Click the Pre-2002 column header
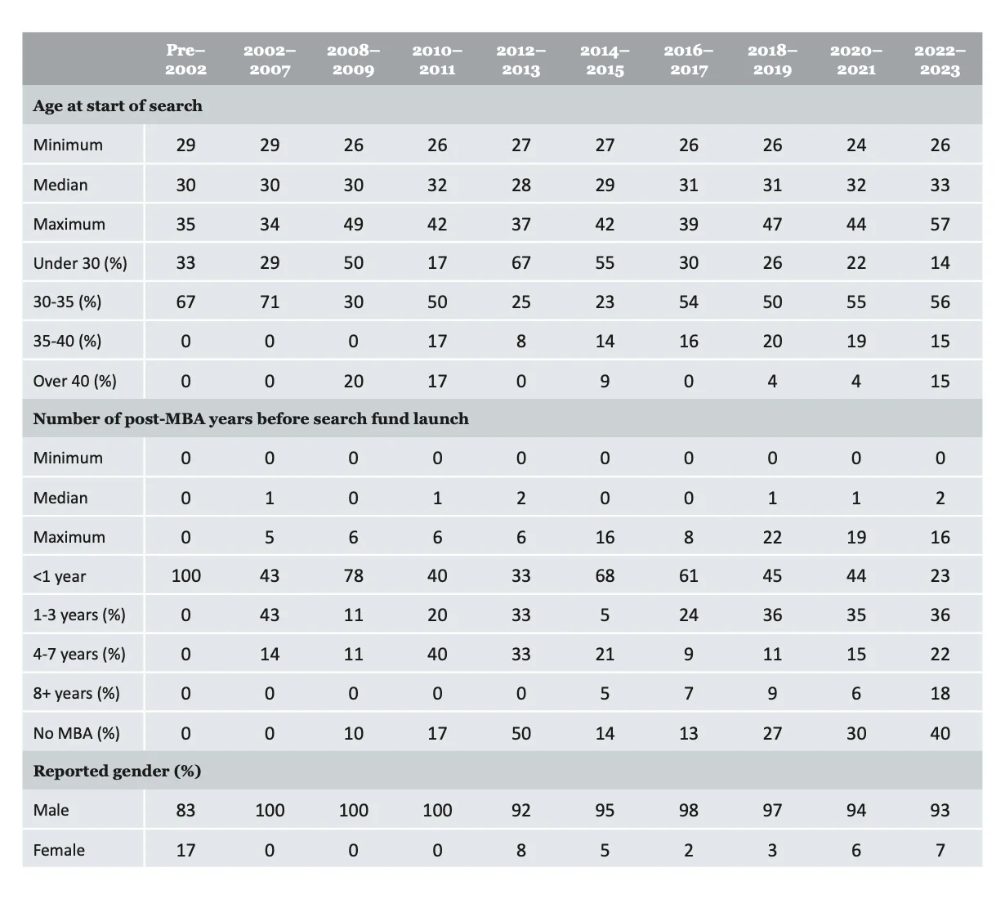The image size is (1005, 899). click(185, 60)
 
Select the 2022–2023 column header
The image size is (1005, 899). click(940, 60)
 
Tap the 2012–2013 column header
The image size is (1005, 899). click(520, 60)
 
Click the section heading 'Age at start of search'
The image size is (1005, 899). click(118, 105)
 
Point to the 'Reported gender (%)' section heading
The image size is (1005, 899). click(117, 771)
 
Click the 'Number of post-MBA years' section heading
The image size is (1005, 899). click(251, 418)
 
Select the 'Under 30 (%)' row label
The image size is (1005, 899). click(80, 263)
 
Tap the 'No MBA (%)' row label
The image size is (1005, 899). click(76, 733)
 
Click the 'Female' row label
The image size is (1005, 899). click(59, 850)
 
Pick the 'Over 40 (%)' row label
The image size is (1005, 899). click(74, 381)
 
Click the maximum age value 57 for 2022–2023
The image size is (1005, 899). click(940, 224)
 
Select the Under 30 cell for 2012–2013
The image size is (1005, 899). click(520, 263)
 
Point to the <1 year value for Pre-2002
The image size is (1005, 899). click(185, 576)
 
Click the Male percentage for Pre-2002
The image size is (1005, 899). click(185, 810)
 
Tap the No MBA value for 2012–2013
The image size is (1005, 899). click(520, 733)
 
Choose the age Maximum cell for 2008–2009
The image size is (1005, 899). click(353, 224)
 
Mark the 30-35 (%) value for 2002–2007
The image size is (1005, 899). click(270, 302)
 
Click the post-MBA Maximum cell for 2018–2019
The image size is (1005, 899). click(772, 537)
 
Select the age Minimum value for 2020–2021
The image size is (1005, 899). click(855, 145)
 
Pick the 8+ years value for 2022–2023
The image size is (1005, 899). click(940, 694)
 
